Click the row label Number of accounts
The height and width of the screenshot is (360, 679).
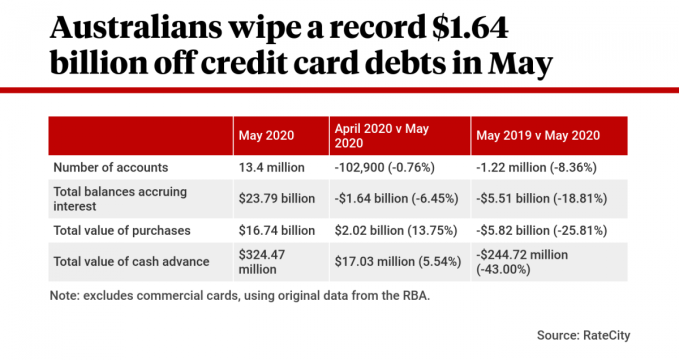[111, 167]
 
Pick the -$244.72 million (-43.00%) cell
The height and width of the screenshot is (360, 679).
[527, 261]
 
